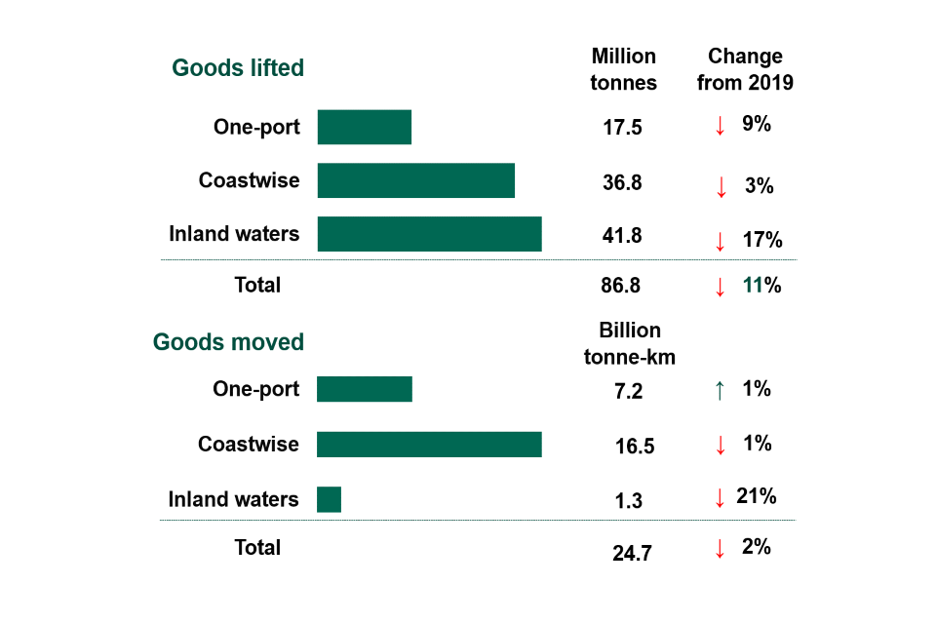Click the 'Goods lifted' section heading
[238, 68]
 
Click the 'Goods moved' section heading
[228, 343]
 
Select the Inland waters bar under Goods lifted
[429, 234]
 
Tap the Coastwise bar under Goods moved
[429, 445]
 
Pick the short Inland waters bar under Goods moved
[329, 499]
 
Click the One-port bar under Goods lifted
[364, 127]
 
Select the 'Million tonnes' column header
[624, 69]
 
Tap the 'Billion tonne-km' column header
[629, 343]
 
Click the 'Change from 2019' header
[745, 69]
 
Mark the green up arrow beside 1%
[720, 390]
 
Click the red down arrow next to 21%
[720, 497]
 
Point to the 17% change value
[760, 240]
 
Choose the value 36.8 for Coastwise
[623, 182]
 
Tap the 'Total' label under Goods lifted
[257, 286]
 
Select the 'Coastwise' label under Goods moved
[249, 445]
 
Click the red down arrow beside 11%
[720, 287]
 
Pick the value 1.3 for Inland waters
[629, 501]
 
